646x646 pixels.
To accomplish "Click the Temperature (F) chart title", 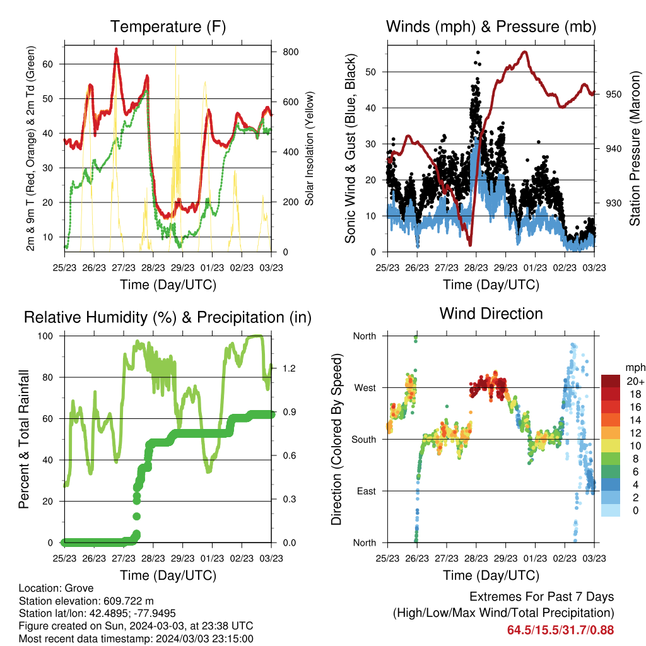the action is click(168, 26).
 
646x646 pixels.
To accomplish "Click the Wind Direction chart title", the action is click(491, 314).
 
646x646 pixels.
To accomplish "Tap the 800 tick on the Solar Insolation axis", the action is click(290, 52).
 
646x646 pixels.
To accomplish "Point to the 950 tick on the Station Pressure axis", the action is click(613, 95).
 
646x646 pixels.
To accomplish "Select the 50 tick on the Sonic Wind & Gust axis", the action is click(371, 72).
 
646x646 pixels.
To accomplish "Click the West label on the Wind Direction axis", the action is click(365, 388).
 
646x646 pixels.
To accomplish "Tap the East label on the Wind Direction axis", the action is click(367, 491).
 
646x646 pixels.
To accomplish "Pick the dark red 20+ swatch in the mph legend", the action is click(611, 381).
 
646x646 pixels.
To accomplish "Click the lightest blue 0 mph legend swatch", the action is click(611, 510).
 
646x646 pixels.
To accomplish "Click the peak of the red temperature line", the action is click(116, 49).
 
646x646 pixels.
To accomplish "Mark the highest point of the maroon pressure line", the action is click(524, 52).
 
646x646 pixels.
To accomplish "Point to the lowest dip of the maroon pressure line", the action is click(470, 245).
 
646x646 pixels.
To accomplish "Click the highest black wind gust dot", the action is click(478, 52).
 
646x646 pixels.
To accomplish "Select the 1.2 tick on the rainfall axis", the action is click(289, 368).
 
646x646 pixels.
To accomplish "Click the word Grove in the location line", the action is click(79, 589).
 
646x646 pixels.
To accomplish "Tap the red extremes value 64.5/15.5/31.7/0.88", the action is click(560, 630).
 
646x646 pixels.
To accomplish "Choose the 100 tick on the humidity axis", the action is click(45, 336).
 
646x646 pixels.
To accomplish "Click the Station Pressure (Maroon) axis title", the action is click(635, 148).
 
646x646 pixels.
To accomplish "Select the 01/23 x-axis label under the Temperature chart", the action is click(212, 267).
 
